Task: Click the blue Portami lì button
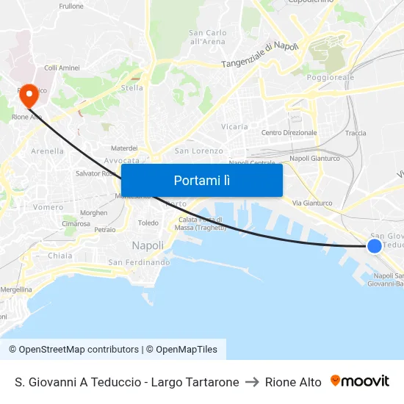click(x=201, y=180)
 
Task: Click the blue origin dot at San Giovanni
click(x=374, y=246)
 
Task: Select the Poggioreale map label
click(x=331, y=77)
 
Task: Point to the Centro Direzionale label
click(x=289, y=133)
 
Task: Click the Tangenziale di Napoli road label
click(x=260, y=56)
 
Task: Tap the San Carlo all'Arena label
click(x=207, y=37)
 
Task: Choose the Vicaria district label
click(x=234, y=126)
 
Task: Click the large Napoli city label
click(x=148, y=245)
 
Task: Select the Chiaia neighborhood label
click(x=60, y=256)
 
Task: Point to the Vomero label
click(x=48, y=207)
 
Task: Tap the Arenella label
click(x=47, y=151)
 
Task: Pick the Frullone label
click(x=71, y=6)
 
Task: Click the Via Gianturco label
click(x=312, y=203)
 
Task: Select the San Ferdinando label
click(x=139, y=262)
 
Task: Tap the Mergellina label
click(x=15, y=289)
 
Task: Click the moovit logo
click(x=360, y=381)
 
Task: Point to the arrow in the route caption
click(x=252, y=382)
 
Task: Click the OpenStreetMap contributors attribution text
click(x=73, y=350)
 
